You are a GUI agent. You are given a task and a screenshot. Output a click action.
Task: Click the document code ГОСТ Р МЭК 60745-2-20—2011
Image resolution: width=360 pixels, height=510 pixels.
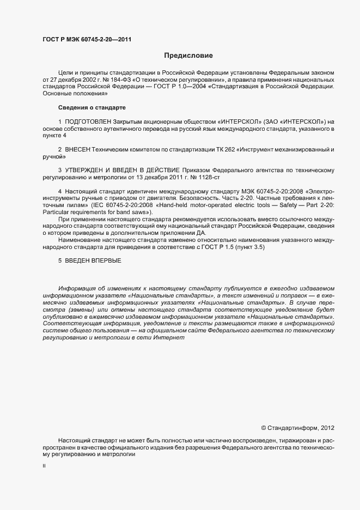[87, 39]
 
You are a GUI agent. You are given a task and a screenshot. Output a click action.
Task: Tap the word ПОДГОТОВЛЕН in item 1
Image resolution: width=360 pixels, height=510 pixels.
[88, 121]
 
